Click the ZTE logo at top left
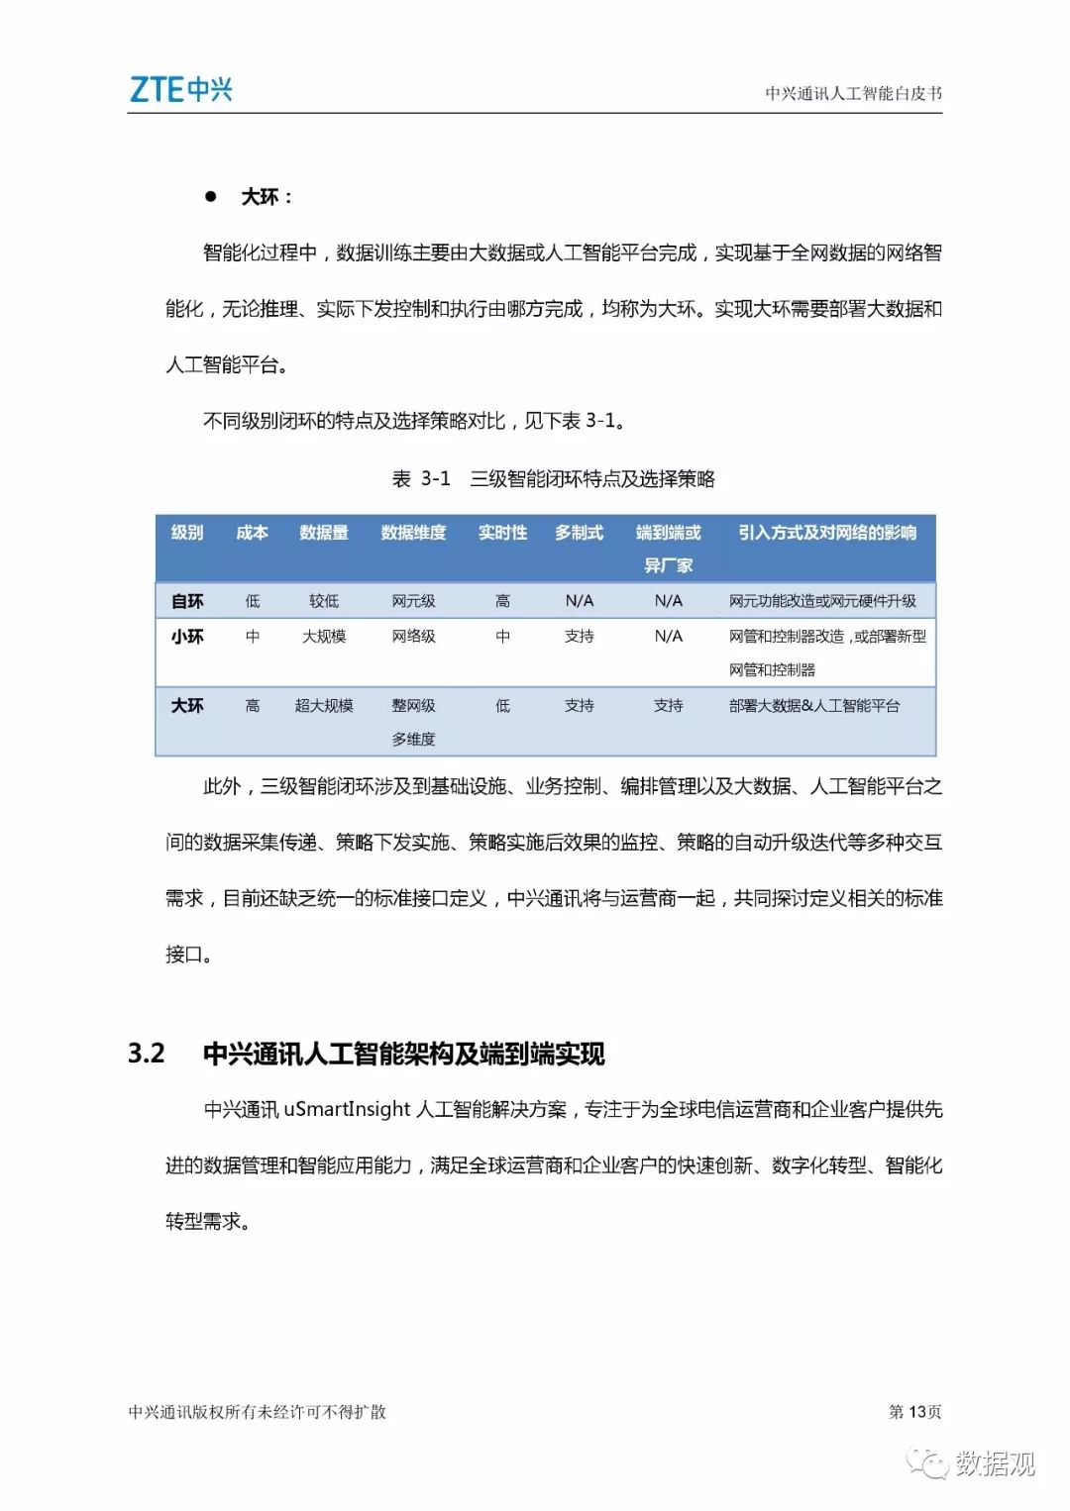click(x=181, y=90)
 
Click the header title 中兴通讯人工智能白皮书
click(x=853, y=93)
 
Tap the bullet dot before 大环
click(x=210, y=197)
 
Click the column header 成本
click(x=252, y=533)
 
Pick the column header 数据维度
click(x=413, y=533)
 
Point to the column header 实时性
click(x=502, y=533)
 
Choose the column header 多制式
click(x=579, y=533)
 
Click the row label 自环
click(x=187, y=601)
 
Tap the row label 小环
click(x=187, y=637)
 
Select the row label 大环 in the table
click(x=187, y=706)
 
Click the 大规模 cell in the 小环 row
click(x=324, y=637)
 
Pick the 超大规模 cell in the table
click(x=324, y=706)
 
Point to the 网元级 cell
click(x=413, y=601)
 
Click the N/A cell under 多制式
click(x=580, y=601)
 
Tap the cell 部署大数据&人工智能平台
click(x=814, y=706)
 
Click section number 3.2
click(x=147, y=1053)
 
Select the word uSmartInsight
click(x=347, y=1109)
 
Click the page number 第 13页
click(x=914, y=1411)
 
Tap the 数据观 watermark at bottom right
click(x=994, y=1462)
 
